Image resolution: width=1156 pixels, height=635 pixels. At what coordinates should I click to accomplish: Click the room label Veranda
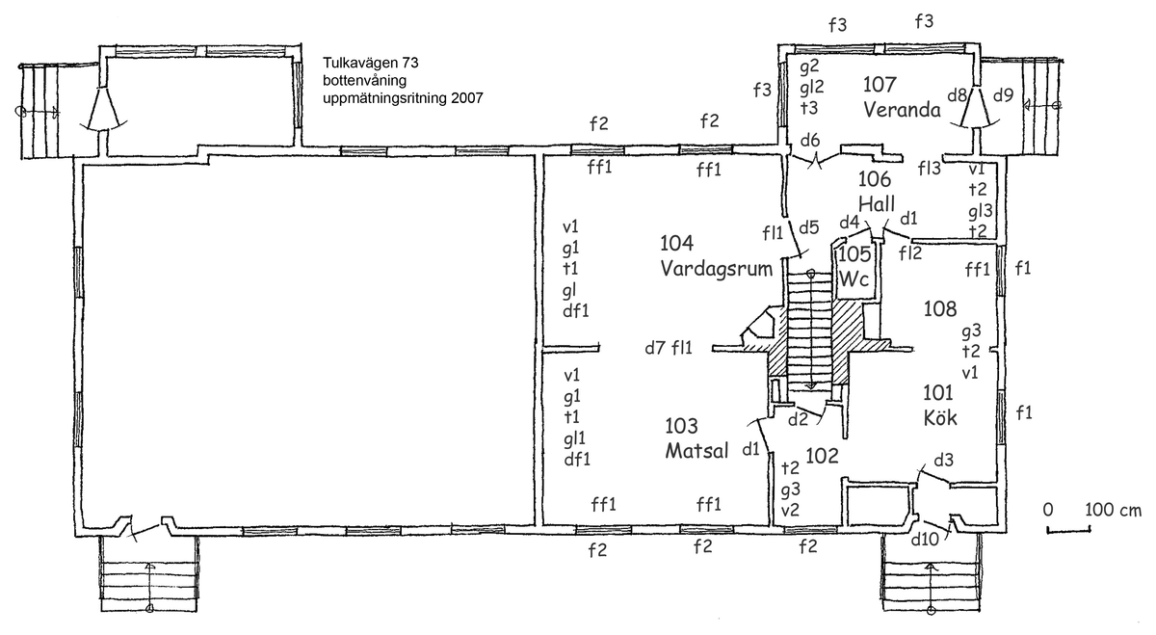click(901, 109)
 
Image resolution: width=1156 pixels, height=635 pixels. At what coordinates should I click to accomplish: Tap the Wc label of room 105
click(854, 278)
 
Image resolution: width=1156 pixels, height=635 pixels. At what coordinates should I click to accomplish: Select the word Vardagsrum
click(717, 269)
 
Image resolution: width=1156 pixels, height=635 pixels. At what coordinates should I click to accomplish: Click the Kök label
click(937, 418)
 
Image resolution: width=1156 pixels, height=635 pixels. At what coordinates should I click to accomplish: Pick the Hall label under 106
click(877, 204)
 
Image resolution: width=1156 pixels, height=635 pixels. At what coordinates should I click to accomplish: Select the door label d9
click(1003, 94)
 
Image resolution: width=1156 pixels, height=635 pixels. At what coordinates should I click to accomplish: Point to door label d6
click(810, 141)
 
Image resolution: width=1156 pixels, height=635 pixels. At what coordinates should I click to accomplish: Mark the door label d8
click(958, 94)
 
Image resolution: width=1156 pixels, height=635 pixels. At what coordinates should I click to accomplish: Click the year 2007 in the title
click(464, 97)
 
